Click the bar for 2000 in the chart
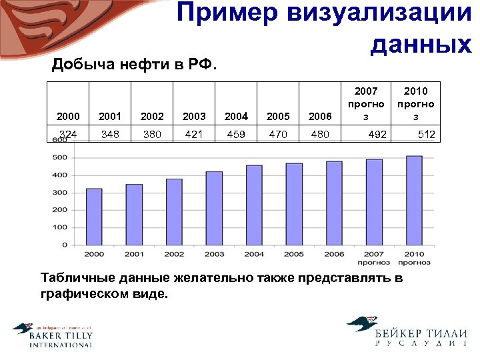click(94, 217)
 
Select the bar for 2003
click(214, 208)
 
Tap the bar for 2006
click(334, 203)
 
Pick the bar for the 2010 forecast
click(414, 200)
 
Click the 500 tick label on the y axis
click(59, 158)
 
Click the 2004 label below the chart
click(254, 254)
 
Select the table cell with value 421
click(194, 134)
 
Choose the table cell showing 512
click(426, 135)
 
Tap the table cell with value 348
click(110, 134)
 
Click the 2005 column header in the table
click(278, 116)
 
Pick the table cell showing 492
click(377, 135)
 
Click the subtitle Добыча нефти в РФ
click(135, 65)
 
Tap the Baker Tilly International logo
click(53, 335)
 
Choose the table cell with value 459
click(236, 134)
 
